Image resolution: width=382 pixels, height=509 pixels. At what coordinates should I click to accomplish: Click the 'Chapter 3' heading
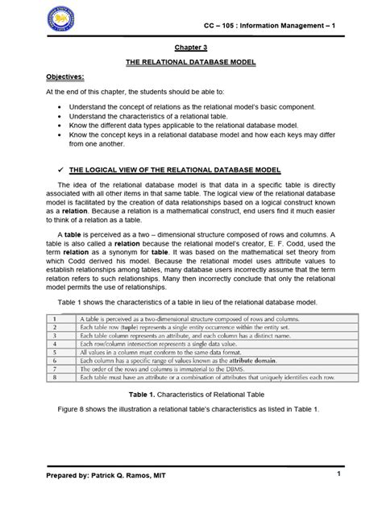pos(191,48)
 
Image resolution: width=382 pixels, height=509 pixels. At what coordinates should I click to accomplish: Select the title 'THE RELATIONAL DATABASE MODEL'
pos(191,63)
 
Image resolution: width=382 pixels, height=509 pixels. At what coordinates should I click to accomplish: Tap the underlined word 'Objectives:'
pos(43,77)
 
